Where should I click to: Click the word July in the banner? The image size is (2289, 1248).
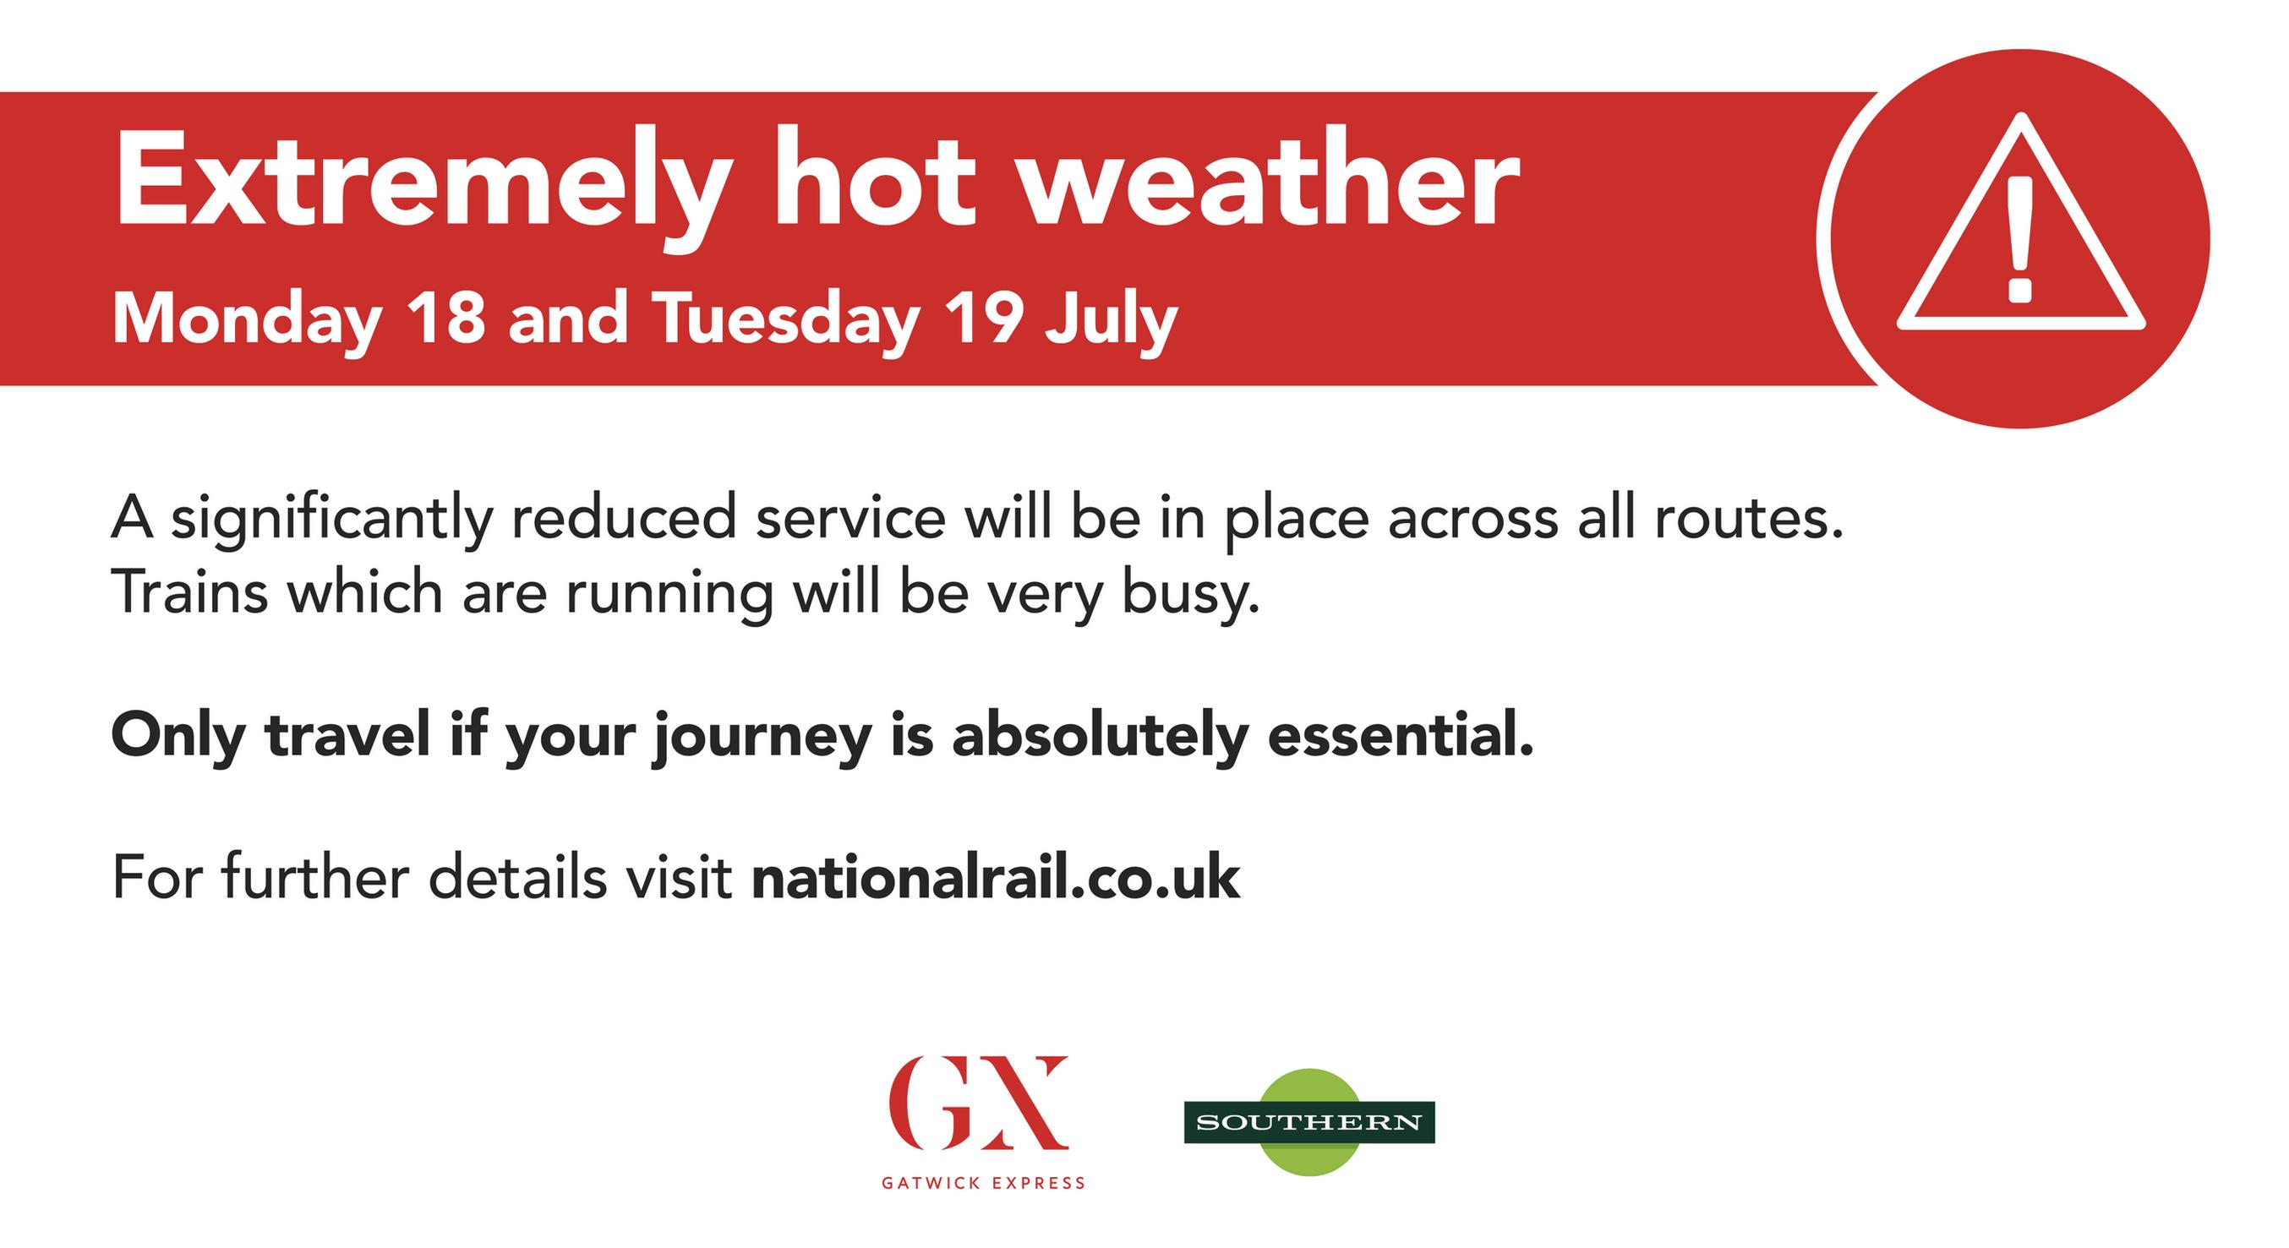[1112, 324]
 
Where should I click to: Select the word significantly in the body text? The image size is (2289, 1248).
[331, 520]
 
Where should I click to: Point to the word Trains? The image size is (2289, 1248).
[189, 592]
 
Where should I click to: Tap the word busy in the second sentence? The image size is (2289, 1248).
[1191, 597]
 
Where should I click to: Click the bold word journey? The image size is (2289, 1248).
[761, 740]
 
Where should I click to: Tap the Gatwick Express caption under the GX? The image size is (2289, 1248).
[983, 1183]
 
